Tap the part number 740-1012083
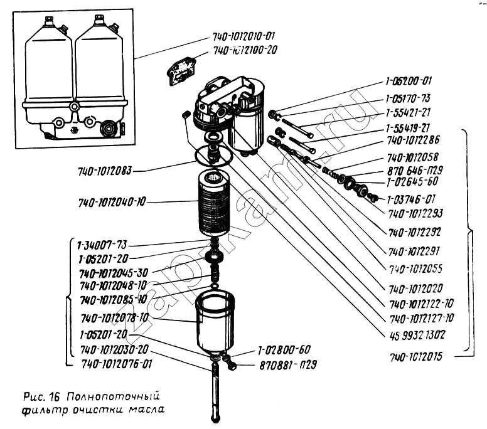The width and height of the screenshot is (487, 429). tap(106, 171)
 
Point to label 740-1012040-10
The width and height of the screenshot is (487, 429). tap(112, 203)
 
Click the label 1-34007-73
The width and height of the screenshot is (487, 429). tap(105, 245)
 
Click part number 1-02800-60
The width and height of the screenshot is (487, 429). tap(284, 350)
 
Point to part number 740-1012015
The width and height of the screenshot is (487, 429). tap(415, 357)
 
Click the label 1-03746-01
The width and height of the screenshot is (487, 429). tap(412, 198)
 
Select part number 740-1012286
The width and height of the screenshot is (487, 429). tap(413, 140)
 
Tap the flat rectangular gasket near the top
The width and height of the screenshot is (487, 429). tap(181, 70)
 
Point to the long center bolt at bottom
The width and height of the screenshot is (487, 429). tap(216, 392)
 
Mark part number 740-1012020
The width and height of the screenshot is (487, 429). tap(415, 289)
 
